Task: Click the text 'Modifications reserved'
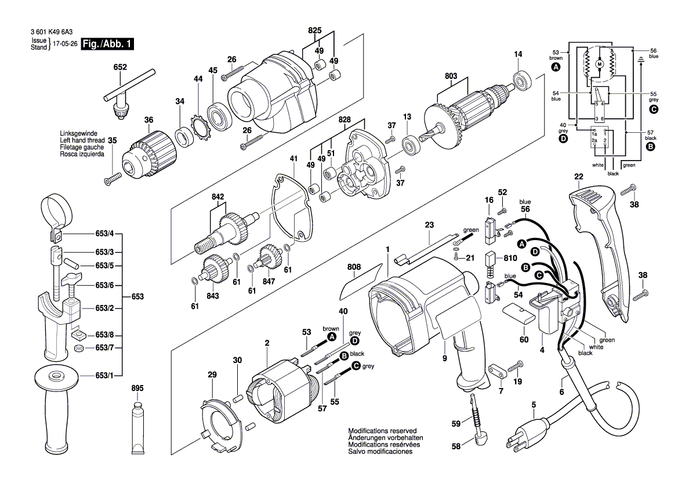pyautogui.click(x=382, y=431)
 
